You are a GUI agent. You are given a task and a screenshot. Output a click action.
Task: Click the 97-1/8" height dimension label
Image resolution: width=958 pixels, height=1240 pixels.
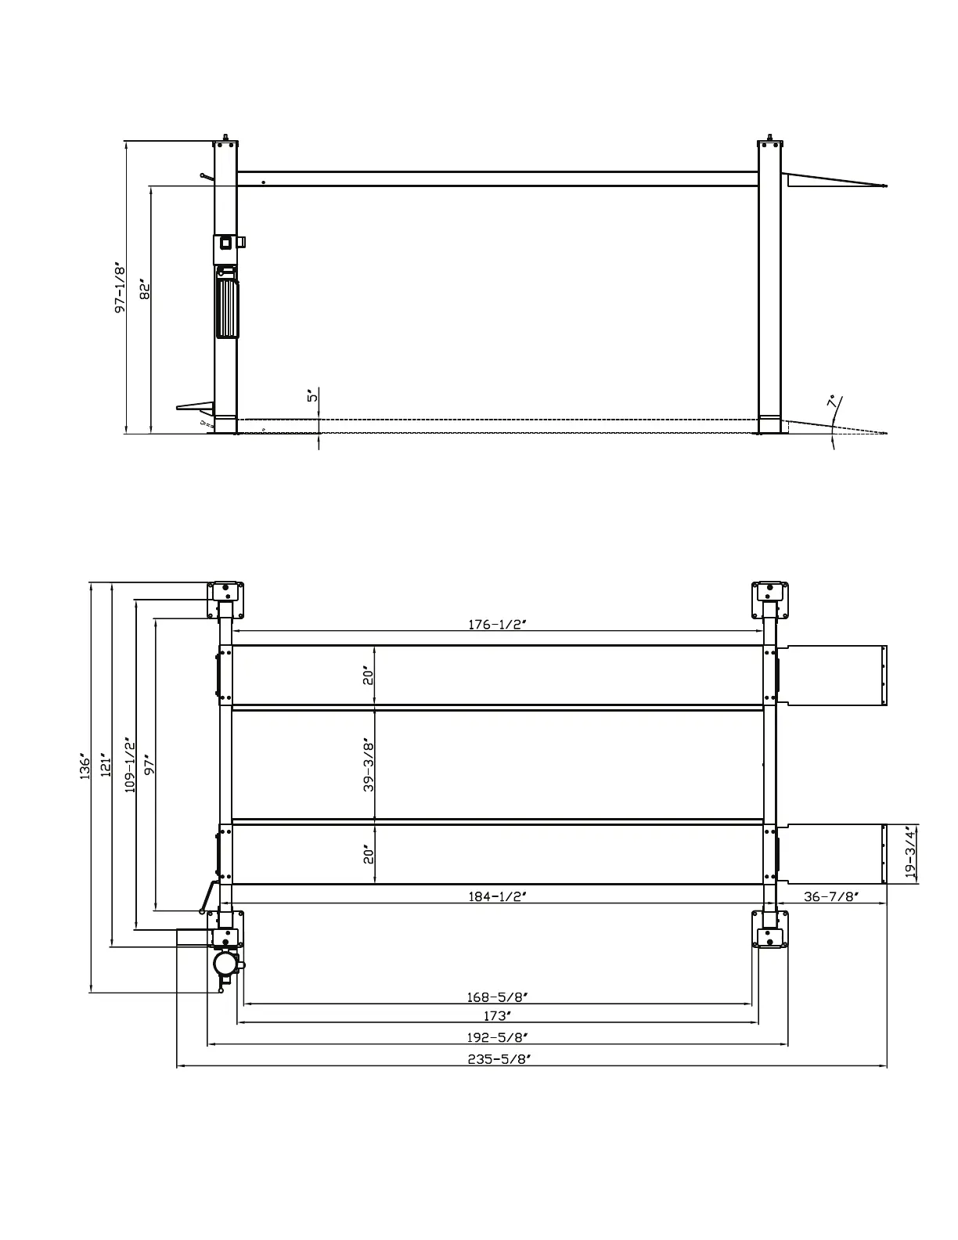point(120,288)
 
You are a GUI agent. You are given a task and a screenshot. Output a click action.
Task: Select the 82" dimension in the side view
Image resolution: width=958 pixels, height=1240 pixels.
point(144,290)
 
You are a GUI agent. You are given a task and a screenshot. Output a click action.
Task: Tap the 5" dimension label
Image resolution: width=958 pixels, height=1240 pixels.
point(312,396)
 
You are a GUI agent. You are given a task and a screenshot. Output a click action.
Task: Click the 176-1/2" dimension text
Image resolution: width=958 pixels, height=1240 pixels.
point(498,625)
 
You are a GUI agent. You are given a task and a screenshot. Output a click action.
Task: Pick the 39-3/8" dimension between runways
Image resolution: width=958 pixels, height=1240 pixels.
point(368,764)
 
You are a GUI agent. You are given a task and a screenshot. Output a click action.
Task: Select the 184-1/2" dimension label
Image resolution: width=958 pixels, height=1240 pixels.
point(498,896)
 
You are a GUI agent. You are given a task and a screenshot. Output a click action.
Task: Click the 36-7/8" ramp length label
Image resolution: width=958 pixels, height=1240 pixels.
point(832,896)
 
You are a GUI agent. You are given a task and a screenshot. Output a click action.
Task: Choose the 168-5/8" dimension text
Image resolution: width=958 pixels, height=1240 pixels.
point(498,997)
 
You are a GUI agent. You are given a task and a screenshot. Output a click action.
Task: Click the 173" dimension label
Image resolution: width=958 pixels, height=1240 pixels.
point(498,1016)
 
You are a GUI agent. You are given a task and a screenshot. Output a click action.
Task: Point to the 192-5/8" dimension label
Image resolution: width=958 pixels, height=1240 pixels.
point(498,1037)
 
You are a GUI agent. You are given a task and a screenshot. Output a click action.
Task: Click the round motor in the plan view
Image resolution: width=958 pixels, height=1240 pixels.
point(225,961)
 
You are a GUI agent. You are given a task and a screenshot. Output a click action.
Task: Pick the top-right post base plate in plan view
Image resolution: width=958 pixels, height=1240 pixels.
point(771,599)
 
